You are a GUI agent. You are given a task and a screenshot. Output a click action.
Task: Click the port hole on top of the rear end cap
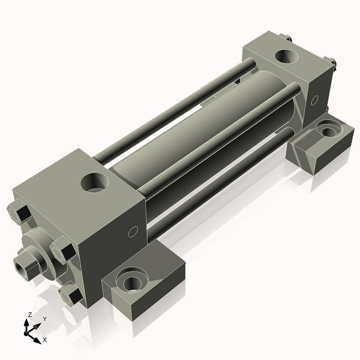tap(286, 57)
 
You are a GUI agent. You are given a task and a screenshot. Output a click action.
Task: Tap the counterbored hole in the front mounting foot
tap(131, 280)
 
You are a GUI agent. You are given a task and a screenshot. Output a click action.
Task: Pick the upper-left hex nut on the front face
tap(17, 213)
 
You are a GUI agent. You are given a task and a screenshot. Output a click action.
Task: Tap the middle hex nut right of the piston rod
tap(62, 250)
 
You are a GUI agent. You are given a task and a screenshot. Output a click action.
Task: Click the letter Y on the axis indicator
tap(45, 319)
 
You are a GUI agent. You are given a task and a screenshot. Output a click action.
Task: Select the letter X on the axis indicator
tap(44, 340)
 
